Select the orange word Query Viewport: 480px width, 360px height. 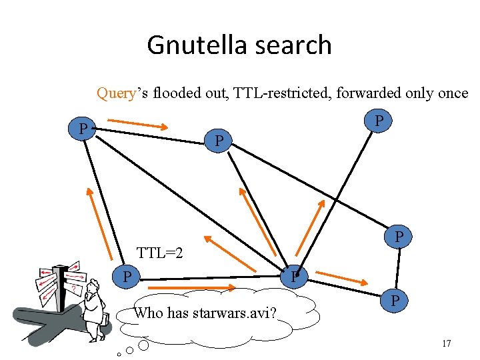117,93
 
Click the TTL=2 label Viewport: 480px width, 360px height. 160,253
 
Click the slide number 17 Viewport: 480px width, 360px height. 447,343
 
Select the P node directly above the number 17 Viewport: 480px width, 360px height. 395,301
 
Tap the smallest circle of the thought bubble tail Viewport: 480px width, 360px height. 118,353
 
